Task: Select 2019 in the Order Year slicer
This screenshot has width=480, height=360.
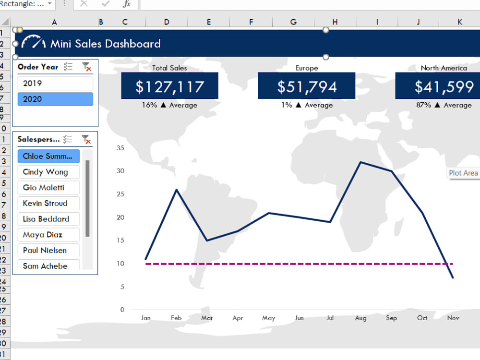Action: point(55,83)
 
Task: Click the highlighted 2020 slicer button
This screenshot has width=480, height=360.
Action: point(55,99)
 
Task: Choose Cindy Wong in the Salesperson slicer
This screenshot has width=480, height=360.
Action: point(48,172)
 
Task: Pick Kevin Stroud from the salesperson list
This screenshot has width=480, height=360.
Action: point(48,203)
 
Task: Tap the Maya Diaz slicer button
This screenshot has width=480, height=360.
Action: point(48,235)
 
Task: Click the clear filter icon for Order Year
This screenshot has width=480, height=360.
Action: point(86,67)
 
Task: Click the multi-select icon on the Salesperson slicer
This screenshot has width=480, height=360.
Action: point(68,139)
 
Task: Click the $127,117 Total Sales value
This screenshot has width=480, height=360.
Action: point(169,86)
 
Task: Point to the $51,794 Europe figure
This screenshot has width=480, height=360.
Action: point(306,86)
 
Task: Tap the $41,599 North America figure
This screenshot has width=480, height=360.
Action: point(444,86)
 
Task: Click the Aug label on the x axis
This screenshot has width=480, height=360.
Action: point(360,318)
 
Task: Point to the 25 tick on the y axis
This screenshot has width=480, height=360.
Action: point(120,194)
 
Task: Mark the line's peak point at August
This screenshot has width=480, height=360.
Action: point(361,162)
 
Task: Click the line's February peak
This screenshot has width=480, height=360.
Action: point(177,190)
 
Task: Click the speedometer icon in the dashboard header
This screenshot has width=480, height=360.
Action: point(34,42)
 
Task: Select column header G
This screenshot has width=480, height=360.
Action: point(293,22)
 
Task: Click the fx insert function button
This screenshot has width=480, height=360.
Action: point(126,4)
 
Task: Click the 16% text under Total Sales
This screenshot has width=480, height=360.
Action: point(149,105)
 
